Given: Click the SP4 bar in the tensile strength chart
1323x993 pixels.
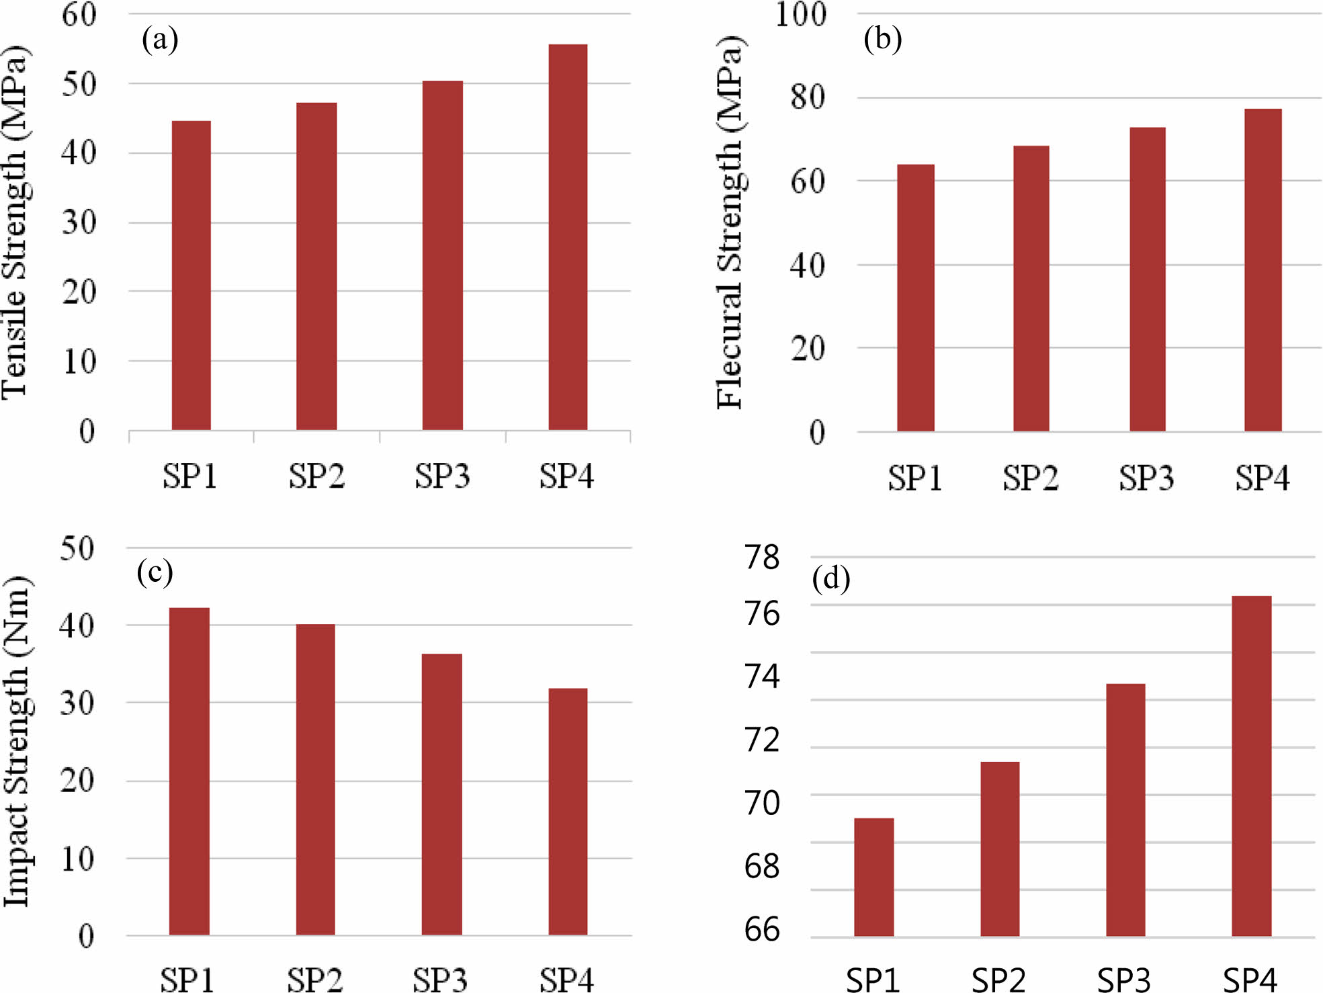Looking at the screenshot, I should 568,237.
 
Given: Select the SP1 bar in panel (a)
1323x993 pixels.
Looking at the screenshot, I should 191,275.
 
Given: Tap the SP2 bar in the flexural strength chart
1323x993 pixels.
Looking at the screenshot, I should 1031,288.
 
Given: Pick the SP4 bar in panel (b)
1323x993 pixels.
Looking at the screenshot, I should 1263,269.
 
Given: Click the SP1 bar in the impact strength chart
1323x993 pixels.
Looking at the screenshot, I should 189,771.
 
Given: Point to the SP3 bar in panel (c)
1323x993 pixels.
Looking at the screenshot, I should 441,794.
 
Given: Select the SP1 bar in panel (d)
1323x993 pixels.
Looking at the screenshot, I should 874,877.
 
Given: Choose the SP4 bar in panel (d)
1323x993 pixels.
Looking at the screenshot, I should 1251,766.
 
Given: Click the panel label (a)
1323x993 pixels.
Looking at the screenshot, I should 160,40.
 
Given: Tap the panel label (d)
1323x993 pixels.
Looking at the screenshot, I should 831,578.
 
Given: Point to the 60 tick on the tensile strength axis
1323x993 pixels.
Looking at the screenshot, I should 79,15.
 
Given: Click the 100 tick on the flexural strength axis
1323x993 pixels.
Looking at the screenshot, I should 800,15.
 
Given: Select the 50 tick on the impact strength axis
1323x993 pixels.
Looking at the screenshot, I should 77,548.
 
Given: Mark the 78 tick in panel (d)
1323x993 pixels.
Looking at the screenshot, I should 762,558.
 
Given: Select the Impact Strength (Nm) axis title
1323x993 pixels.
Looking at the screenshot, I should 17,741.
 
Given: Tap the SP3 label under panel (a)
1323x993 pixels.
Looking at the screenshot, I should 441,476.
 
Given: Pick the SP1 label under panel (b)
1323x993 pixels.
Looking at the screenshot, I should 914,478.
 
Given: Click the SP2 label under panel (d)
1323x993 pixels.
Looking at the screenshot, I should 998,980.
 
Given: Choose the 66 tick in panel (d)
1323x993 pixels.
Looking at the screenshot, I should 762,930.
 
